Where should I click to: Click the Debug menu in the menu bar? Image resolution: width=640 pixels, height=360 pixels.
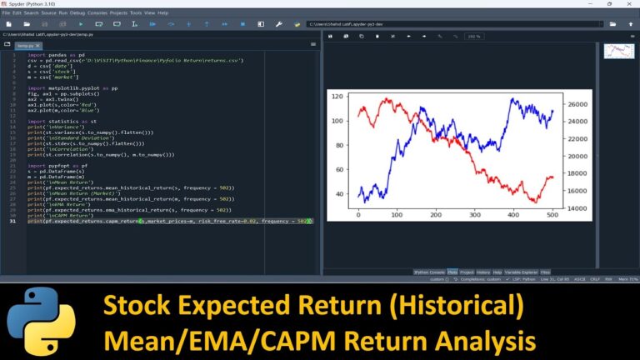[77, 13]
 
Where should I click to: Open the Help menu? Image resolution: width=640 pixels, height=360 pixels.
[162, 13]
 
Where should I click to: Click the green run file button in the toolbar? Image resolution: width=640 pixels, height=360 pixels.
[80, 25]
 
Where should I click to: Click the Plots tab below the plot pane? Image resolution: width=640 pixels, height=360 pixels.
[452, 272]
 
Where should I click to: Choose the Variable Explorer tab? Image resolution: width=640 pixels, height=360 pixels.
[521, 272]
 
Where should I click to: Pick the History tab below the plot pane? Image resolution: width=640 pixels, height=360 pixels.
[484, 272]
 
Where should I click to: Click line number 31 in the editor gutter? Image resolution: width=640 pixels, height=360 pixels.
[13, 221]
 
